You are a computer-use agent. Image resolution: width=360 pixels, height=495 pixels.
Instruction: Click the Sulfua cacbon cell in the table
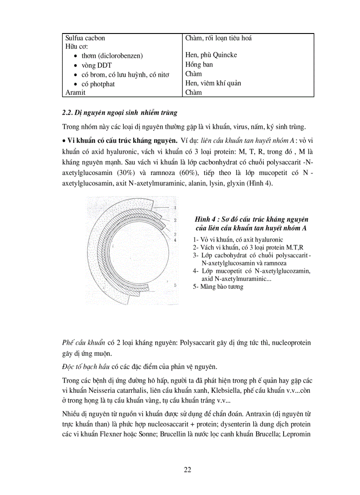(x=85, y=38)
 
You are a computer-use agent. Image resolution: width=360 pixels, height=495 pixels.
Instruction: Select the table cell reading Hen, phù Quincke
(x=211, y=55)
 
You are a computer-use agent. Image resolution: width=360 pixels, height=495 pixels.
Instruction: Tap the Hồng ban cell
(x=199, y=64)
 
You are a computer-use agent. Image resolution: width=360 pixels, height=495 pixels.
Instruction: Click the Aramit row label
(x=75, y=93)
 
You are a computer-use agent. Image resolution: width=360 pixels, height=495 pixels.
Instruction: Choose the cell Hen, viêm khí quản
(x=213, y=83)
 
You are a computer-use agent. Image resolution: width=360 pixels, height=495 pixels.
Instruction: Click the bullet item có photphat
(x=98, y=84)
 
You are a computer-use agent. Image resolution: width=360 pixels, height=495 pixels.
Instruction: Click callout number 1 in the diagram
(x=175, y=207)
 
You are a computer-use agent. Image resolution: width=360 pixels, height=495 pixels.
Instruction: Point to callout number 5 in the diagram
(x=175, y=286)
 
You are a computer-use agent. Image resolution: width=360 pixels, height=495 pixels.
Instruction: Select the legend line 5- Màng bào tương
(x=217, y=287)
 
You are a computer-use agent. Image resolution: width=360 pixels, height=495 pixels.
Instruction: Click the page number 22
(x=187, y=469)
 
